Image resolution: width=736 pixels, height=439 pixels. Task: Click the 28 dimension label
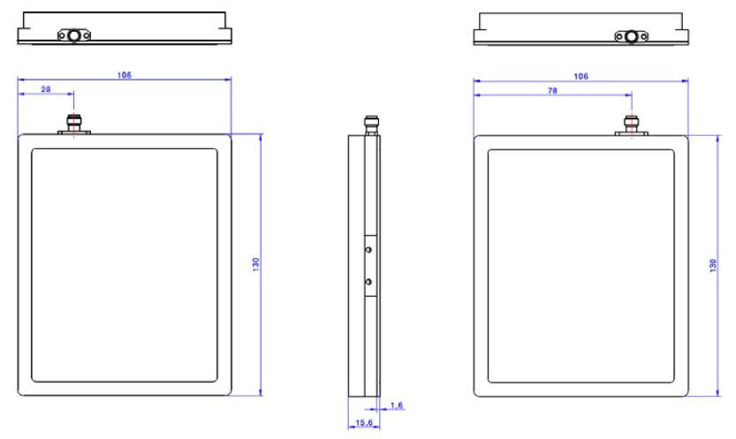click(x=46, y=88)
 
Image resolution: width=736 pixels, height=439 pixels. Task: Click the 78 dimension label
click(x=552, y=90)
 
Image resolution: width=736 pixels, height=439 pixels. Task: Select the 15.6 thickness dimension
click(x=364, y=422)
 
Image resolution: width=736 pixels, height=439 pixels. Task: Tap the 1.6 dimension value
click(x=396, y=405)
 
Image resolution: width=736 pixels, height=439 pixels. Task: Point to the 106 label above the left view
click(x=124, y=74)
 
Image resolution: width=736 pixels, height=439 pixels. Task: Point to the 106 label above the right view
click(x=580, y=76)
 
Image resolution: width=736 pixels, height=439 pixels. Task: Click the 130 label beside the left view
click(x=256, y=264)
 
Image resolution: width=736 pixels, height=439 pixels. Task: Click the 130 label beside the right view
click(x=713, y=266)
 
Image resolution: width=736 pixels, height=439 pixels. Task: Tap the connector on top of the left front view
click(x=73, y=124)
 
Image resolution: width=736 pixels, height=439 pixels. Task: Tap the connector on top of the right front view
click(x=632, y=125)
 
